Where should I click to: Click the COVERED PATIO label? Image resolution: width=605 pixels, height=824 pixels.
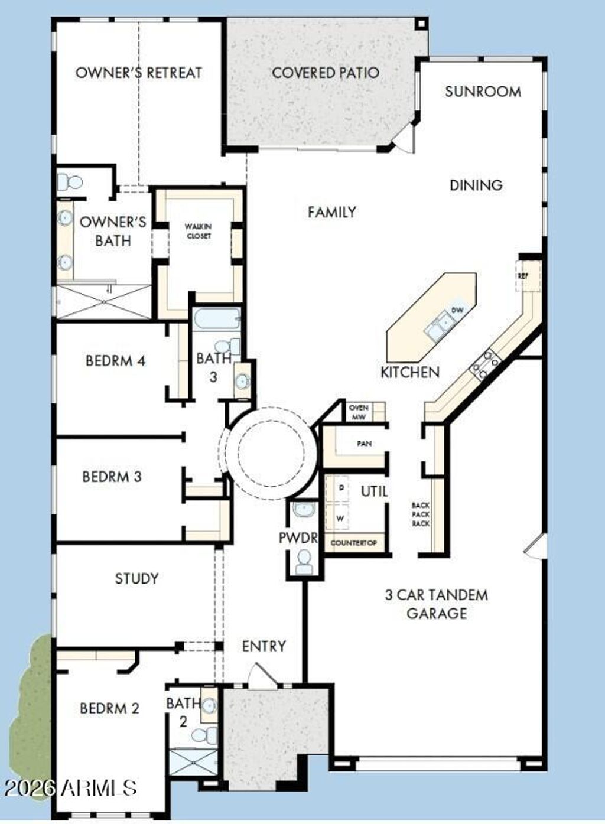pyautogui.click(x=326, y=73)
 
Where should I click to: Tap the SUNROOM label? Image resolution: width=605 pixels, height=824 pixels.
pyautogui.click(x=483, y=92)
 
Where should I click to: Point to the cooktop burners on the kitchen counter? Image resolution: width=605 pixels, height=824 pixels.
pyautogui.click(x=486, y=364)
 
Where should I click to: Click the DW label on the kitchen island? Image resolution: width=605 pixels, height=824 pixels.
pyautogui.click(x=457, y=310)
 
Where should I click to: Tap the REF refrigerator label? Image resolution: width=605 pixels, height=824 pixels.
pyautogui.click(x=522, y=275)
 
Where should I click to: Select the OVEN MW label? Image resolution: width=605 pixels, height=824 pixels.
pyautogui.click(x=358, y=412)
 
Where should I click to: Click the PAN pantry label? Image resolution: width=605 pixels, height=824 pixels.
pyautogui.click(x=365, y=444)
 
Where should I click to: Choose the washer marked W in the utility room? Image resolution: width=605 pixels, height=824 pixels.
pyautogui.click(x=340, y=519)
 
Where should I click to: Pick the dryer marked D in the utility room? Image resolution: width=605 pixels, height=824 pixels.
pyautogui.click(x=341, y=488)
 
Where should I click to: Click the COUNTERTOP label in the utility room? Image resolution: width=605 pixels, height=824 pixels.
pyautogui.click(x=353, y=543)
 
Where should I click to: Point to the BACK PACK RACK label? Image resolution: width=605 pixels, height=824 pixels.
pyautogui.click(x=421, y=514)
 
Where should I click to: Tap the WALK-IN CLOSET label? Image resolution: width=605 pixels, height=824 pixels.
pyautogui.click(x=198, y=231)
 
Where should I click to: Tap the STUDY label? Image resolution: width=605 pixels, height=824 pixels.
pyautogui.click(x=137, y=579)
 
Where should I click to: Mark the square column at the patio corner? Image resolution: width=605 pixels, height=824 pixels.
pyautogui.click(x=421, y=24)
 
